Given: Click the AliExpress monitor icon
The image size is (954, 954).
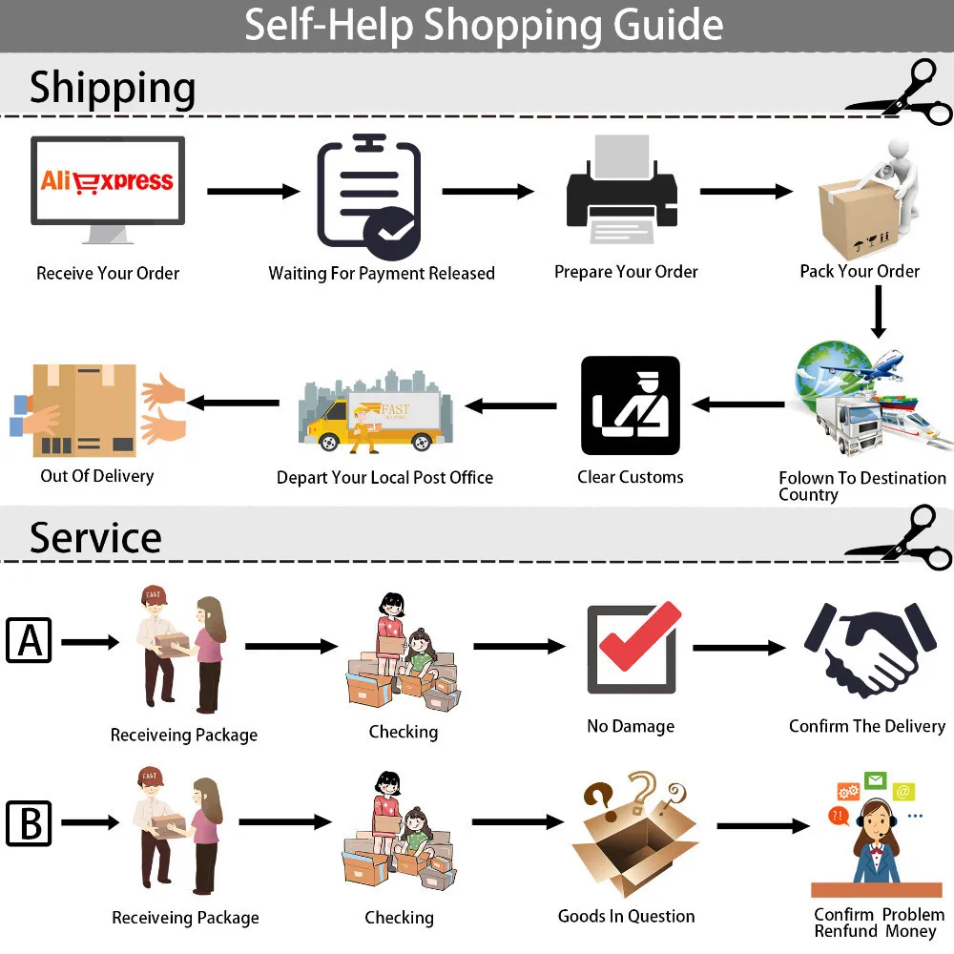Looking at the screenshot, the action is [108, 189].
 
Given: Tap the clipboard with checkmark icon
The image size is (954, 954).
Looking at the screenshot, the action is [369, 196].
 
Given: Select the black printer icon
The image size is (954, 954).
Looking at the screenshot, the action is [622, 189].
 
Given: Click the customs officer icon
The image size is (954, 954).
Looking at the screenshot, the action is [631, 405].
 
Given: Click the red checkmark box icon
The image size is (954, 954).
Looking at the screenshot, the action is [633, 648].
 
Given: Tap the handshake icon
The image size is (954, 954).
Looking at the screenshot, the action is [870, 648].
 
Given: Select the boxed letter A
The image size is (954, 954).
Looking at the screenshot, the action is [29, 640].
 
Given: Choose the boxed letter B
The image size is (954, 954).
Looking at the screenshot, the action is [29, 823].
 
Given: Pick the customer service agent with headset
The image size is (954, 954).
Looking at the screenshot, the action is [876, 834].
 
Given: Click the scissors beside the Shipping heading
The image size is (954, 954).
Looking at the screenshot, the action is [900, 93].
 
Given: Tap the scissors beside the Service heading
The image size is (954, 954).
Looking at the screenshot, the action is [900, 537].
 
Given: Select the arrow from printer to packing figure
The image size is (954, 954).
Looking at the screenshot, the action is [747, 191].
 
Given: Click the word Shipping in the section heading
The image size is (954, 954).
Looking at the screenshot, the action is [113, 88].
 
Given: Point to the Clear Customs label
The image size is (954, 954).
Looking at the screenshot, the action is [631, 477].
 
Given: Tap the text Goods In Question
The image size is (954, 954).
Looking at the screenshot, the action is [626, 916].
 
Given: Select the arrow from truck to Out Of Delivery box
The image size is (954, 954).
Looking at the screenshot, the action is [233, 403].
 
